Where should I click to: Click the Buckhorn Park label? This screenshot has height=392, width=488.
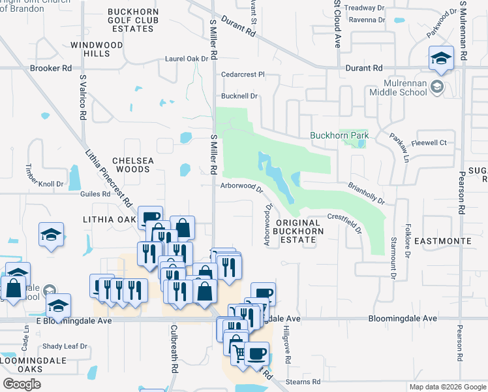pyautogui.click(x=339, y=136)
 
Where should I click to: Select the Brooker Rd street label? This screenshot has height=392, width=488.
pyautogui.click(x=50, y=68)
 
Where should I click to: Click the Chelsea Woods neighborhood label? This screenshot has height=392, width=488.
pyautogui.click(x=132, y=165)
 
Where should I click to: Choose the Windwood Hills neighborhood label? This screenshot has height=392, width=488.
pyautogui.click(x=97, y=49)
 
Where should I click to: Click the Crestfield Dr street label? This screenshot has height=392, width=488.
pyautogui.click(x=344, y=222)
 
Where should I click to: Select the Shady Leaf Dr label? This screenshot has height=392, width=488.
pyautogui.click(x=65, y=346)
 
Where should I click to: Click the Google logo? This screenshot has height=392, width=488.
pyautogui.click(x=22, y=384)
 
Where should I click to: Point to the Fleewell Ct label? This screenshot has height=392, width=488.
pyautogui.click(x=429, y=142)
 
